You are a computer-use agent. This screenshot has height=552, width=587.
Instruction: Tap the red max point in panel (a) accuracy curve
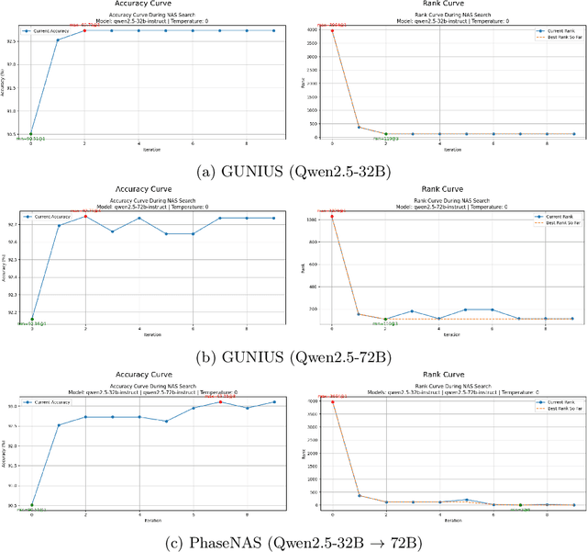click(x=85, y=30)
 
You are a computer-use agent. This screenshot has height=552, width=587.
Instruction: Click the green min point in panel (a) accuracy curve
click(x=31, y=134)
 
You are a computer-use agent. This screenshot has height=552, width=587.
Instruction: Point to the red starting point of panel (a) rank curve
click(x=332, y=30)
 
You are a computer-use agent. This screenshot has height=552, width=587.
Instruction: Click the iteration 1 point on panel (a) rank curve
click(x=359, y=127)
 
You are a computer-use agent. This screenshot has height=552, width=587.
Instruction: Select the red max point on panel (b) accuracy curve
click(x=85, y=217)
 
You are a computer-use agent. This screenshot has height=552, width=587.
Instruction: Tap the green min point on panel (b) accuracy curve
click(x=32, y=320)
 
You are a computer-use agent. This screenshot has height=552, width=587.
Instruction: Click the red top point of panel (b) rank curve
click(x=332, y=218)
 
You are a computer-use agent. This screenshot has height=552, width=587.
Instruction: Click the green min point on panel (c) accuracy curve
click(x=31, y=504)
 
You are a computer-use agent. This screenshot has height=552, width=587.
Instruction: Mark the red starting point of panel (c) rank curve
click(x=332, y=401)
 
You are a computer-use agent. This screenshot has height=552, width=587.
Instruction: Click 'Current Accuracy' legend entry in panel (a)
click(x=50, y=31)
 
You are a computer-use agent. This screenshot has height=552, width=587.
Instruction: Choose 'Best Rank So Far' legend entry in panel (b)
click(x=550, y=223)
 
